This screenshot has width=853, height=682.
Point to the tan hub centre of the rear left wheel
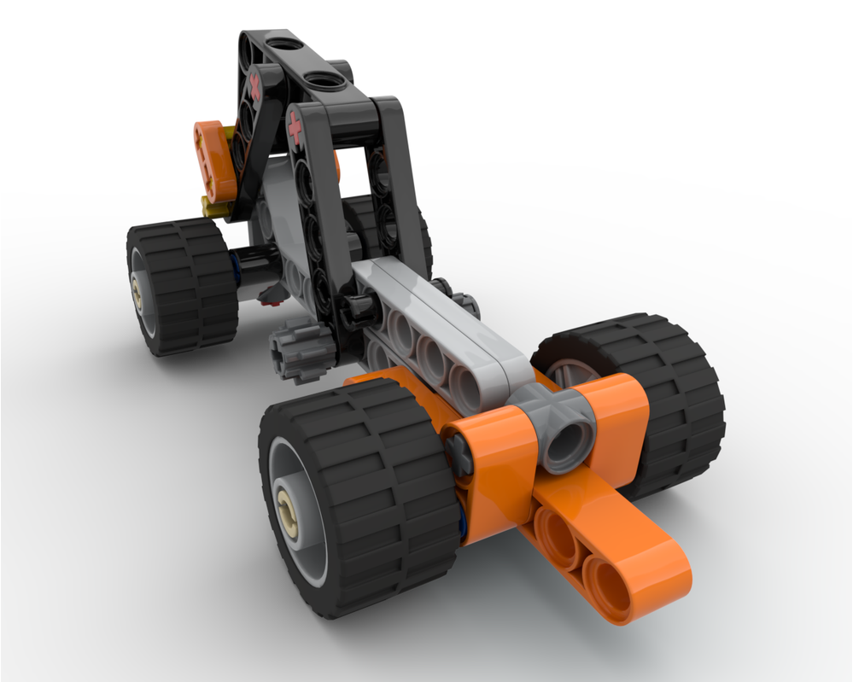[x=138, y=292]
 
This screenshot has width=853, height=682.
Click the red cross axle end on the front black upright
[x=295, y=129]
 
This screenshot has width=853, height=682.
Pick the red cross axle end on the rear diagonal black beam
[x=254, y=84]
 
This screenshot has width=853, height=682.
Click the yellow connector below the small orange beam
[x=213, y=205]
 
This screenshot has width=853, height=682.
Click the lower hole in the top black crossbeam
[x=324, y=81]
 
